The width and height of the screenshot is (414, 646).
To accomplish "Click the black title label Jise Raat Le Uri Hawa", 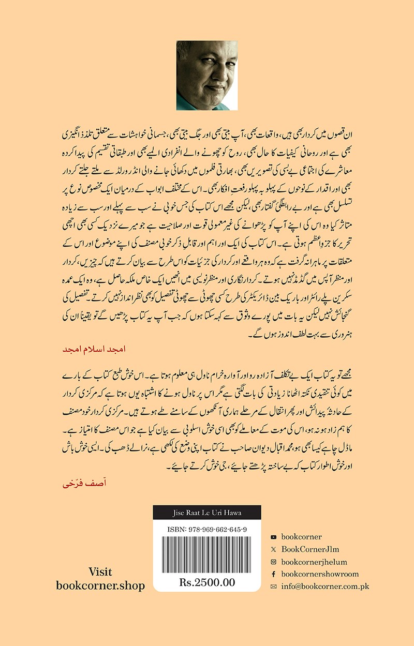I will pos(207,513).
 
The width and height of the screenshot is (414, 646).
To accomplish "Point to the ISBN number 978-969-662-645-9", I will pos(207,529).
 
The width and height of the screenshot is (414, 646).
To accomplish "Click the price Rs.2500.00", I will pos(207,582).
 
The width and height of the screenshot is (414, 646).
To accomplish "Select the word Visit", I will pos(100,572).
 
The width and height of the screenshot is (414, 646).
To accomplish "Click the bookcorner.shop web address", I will pos(100,586).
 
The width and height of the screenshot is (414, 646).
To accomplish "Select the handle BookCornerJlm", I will pos(310,549).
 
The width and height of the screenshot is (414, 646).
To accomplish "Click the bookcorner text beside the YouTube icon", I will pos(302,537).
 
